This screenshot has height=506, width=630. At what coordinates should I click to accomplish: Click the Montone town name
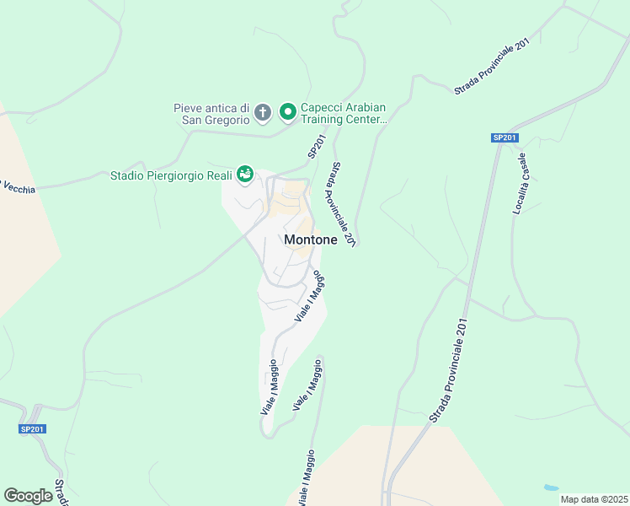(x=311, y=240)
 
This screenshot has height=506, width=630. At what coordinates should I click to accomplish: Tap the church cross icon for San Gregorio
(x=263, y=112)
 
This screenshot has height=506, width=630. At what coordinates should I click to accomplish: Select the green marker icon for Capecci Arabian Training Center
(x=287, y=112)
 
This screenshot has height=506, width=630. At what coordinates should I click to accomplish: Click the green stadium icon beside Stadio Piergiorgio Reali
(x=245, y=175)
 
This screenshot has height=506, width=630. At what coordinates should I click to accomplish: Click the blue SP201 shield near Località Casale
(x=505, y=137)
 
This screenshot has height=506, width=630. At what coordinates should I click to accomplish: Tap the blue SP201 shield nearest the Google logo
(x=33, y=429)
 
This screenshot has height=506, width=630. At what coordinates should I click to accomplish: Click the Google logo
(x=28, y=496)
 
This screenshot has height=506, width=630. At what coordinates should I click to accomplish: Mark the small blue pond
(x=550, y=487)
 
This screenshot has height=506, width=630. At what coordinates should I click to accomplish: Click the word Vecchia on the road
(x=19, y=188)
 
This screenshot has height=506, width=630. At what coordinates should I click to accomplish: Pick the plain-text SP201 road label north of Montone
(x=316, y=148)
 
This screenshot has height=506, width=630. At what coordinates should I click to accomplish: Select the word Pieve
(x=189, y=107)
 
